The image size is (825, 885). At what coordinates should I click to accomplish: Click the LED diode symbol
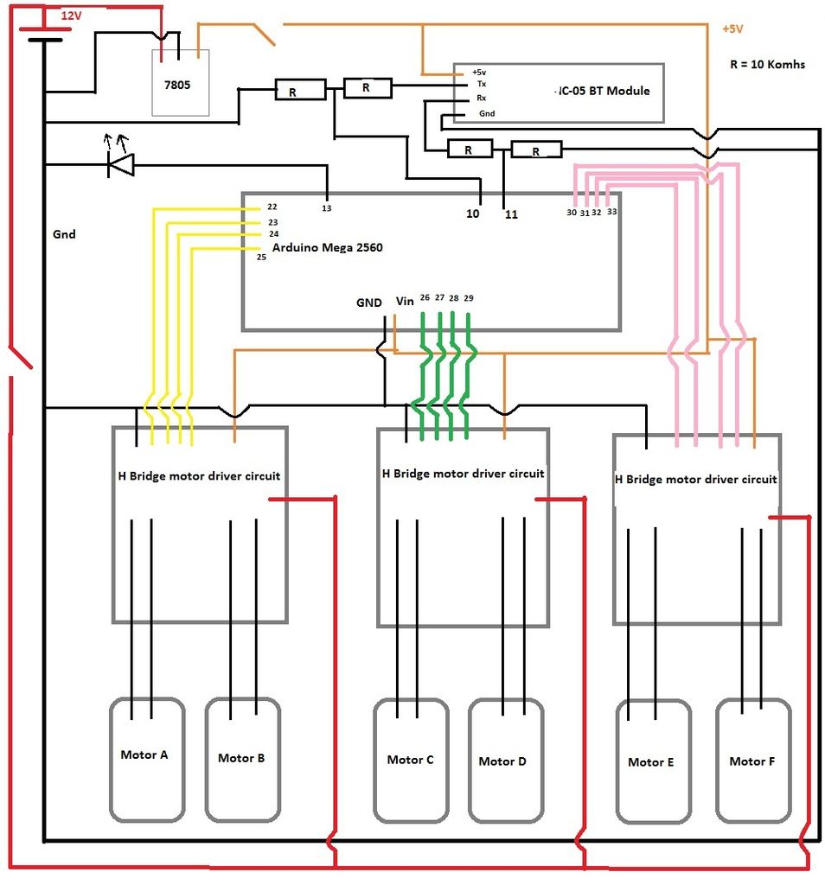tap(120, 165)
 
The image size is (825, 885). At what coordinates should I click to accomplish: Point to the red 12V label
tap(71, 16)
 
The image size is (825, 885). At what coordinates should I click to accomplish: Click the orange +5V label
tap(732, 29)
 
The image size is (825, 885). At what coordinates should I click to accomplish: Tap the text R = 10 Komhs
tap(767, 64)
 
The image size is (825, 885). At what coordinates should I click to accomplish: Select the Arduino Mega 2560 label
tap(328, 247)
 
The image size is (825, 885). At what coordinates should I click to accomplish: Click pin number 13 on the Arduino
tap(326, 208)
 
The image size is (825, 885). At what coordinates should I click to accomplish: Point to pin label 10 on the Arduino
tap(473, 214)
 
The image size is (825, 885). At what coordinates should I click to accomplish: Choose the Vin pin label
tap(405, 302)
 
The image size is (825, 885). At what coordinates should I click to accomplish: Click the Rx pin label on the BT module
tap(481, 98)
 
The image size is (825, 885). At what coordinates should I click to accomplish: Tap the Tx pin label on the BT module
tap(482, 84)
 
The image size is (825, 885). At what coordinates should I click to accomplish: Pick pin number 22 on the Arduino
tap(272, 207)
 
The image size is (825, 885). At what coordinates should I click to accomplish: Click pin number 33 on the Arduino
tap(612, 212)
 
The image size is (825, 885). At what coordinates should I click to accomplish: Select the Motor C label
tap(411, 760)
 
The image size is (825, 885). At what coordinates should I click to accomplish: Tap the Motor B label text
tap(241, 758)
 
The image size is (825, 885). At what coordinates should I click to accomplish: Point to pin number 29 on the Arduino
tap(469, 298)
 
